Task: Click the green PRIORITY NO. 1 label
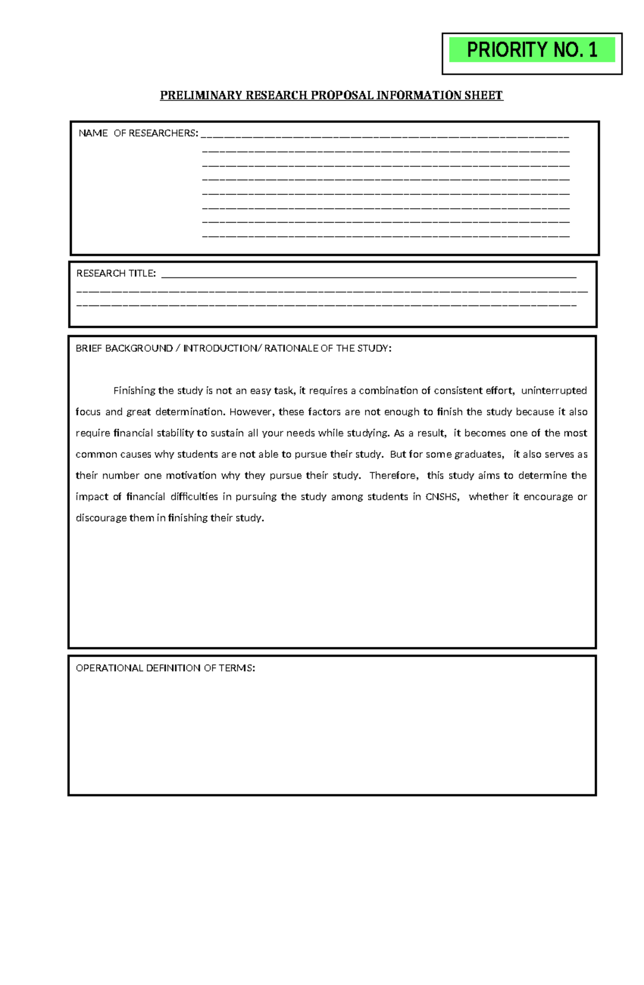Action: click(531, 50)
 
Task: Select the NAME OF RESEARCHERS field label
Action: click(138, 133)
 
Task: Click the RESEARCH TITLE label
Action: click(116, 273)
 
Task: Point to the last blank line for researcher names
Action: click(385, 236)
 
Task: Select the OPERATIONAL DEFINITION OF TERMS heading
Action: click(165, 668)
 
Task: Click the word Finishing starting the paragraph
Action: click(134, 391)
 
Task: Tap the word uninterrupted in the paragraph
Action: click(554, 391)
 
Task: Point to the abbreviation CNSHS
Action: click(442, 497)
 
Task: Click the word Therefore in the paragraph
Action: click(393, 476)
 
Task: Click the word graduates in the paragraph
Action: click(478, 454)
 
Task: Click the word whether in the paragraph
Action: click(488, 497)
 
